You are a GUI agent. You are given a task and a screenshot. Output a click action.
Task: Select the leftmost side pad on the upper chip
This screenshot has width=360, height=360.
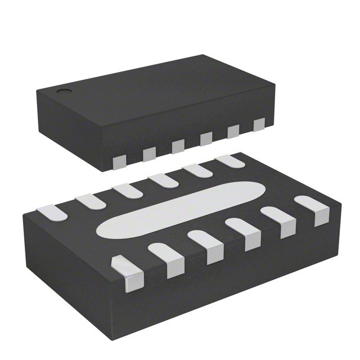tap(120, 163)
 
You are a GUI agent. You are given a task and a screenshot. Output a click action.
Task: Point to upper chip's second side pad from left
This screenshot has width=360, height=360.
tap(150, 154)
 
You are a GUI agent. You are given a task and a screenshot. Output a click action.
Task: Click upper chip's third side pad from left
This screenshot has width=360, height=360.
tap(178, 146)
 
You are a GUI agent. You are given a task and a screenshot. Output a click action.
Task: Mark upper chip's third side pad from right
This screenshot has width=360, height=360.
tap(206, 139)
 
